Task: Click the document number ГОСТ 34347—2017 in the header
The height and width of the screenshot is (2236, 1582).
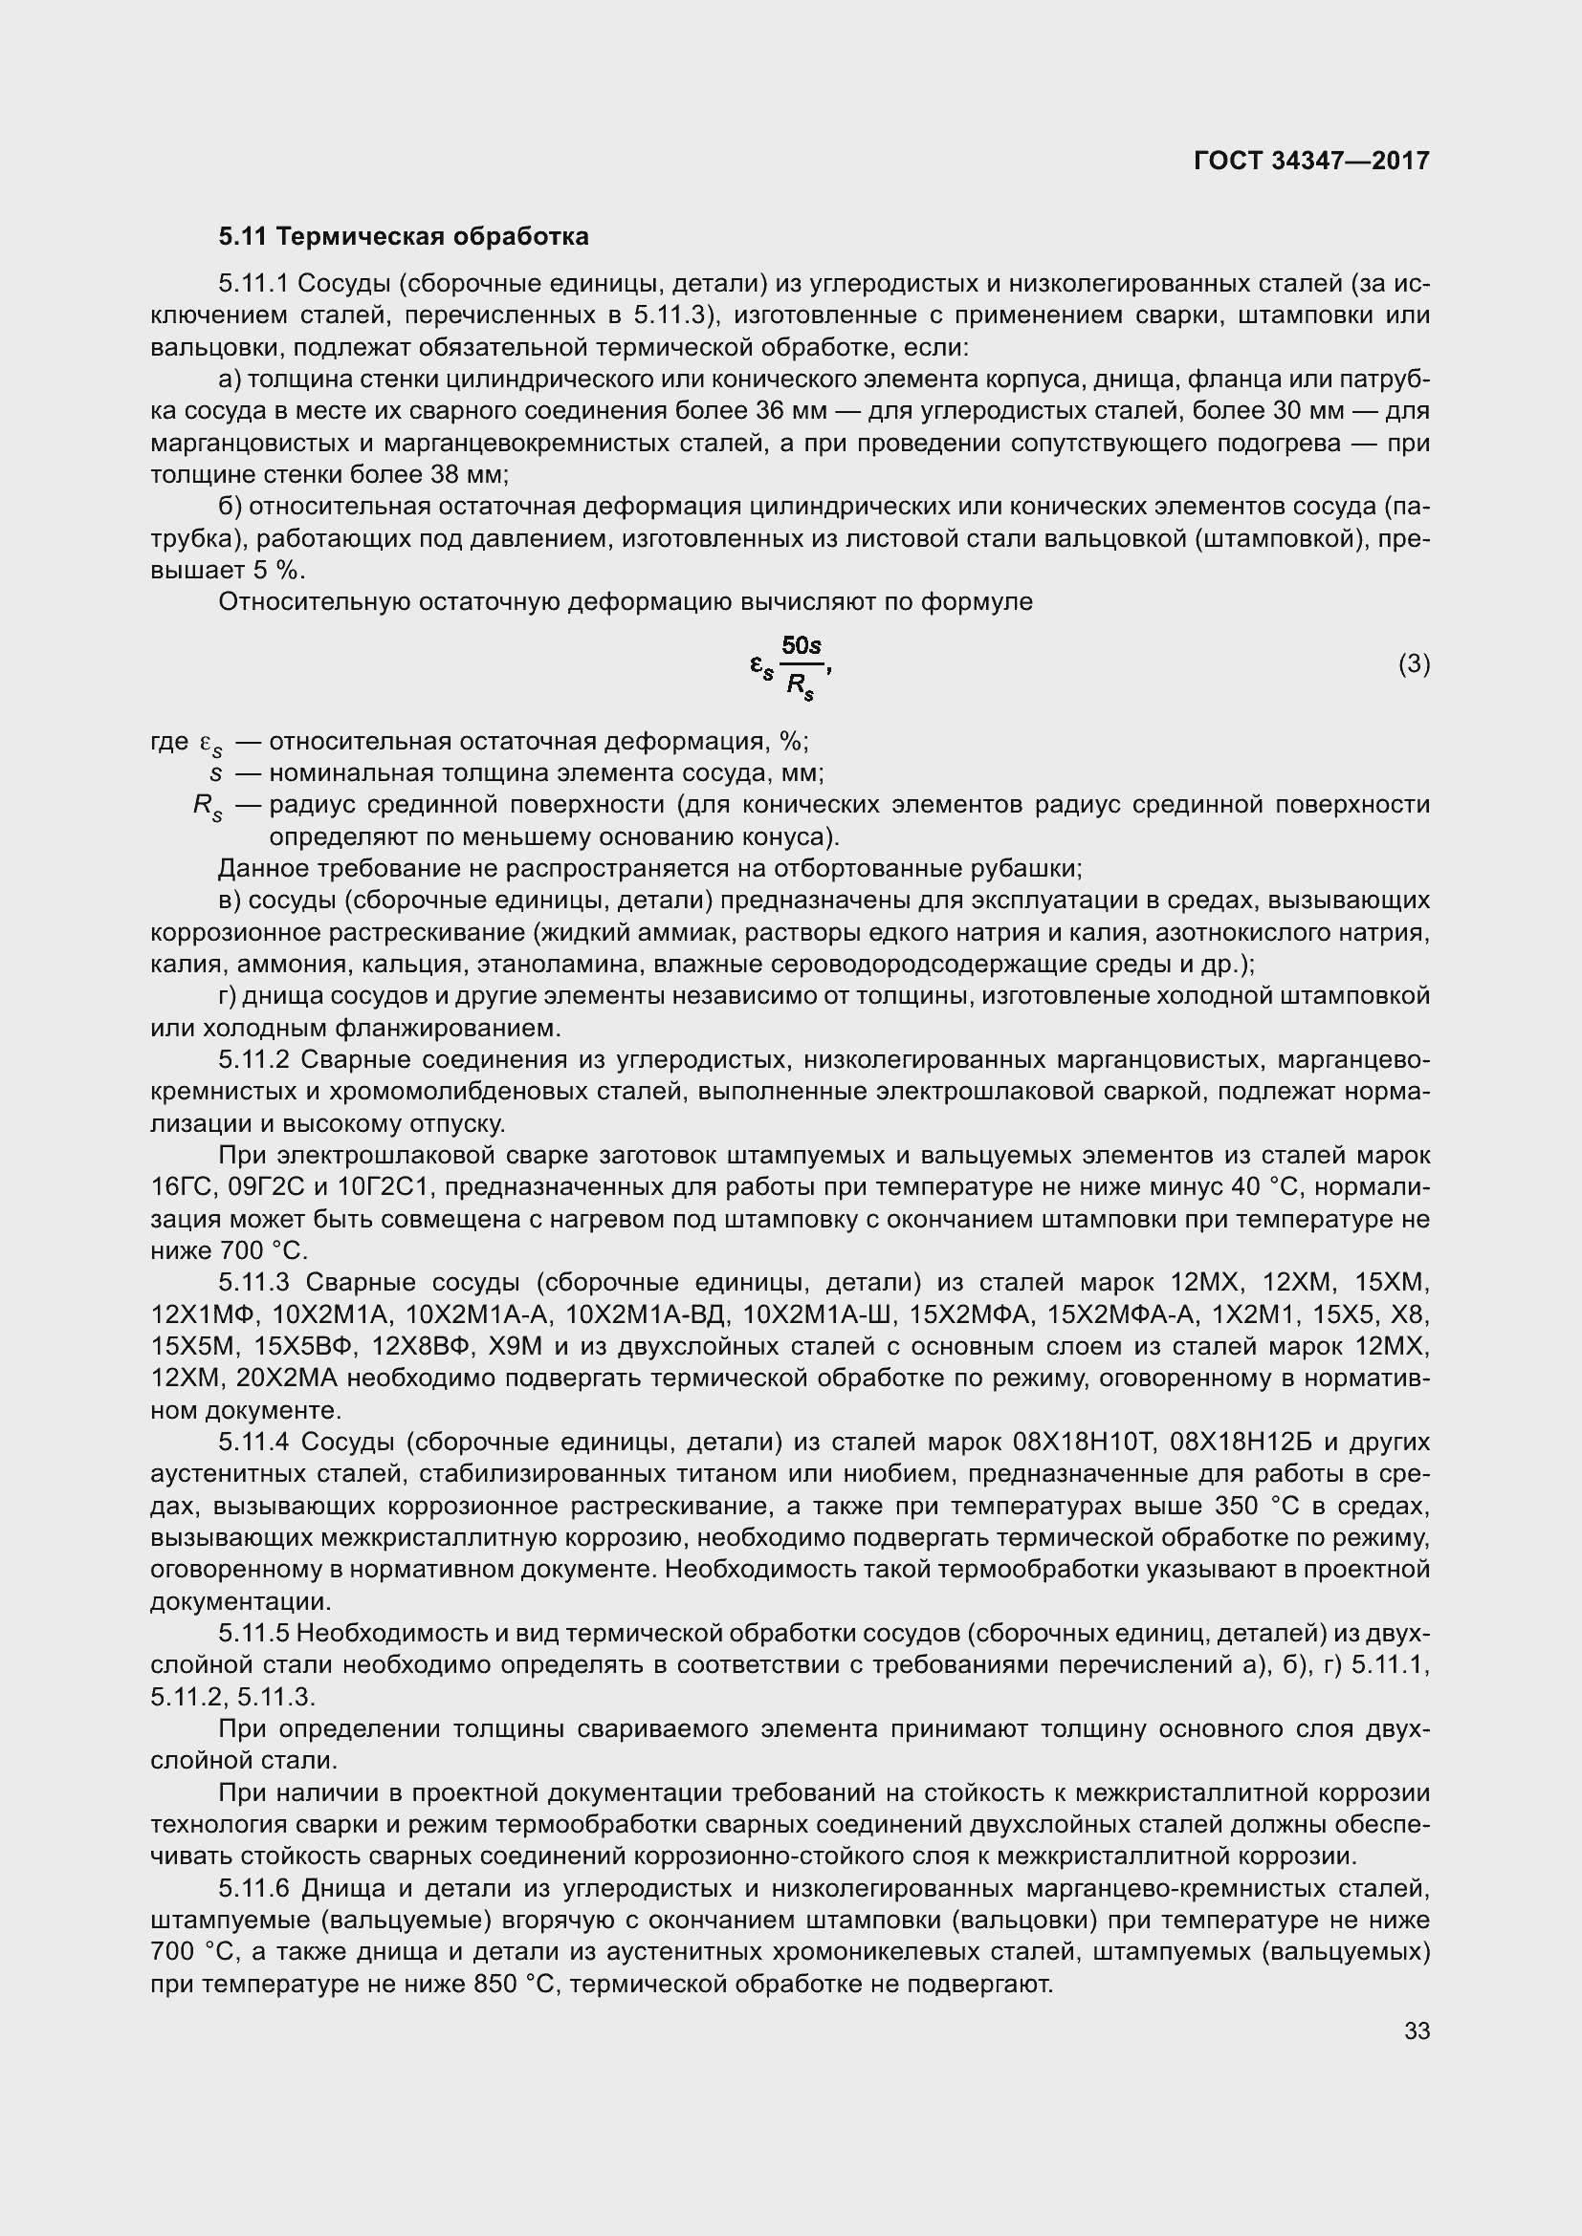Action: pos(1311,161)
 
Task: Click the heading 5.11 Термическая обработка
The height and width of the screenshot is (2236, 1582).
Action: pos(404,237)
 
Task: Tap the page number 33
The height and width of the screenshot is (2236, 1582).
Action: pos(1417,2030)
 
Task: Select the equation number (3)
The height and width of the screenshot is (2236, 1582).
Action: pos(1415,664)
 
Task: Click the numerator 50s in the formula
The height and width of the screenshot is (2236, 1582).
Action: pos(802,645)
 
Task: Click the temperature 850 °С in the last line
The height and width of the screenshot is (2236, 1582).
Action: pos(512,1985)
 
